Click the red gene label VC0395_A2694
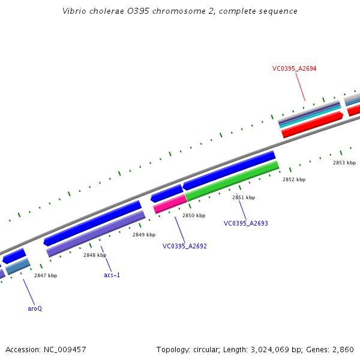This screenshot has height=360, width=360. click(294, 68)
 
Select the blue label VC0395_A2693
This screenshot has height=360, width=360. click(245, 223)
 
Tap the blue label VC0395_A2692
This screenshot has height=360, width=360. click(184, 246)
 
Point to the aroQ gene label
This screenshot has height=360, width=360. click(35, 308)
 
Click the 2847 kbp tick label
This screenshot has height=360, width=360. click(46, 275)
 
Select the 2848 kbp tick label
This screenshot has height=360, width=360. click(95, 255)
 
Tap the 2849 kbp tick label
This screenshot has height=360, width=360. click(144, 235)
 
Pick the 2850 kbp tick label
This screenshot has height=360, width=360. click(194, 215)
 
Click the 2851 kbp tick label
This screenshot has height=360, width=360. click(244, 197)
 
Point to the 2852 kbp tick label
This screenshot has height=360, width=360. click(294, 179)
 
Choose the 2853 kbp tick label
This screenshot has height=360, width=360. click(344, 163)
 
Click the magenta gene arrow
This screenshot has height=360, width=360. click(170, 204)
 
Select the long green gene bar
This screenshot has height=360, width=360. click(232, 181)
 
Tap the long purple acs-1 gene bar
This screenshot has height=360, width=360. click(96, 233)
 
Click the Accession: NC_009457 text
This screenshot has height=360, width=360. click(46, 349)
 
